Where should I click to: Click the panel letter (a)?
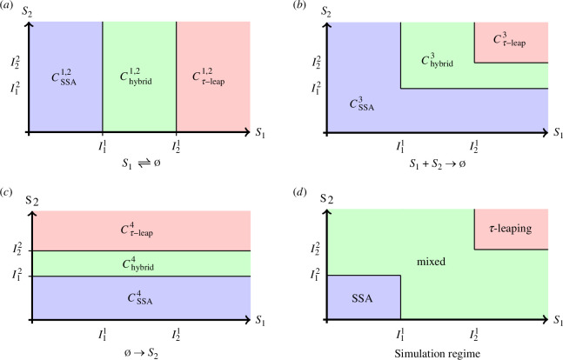(6, 6)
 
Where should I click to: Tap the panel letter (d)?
(298, 193)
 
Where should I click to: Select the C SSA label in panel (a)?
(64, 78)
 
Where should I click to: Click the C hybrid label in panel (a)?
(136, 78)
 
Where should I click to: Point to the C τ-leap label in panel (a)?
(208, 78)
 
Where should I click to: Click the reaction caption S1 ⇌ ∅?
(141, 163)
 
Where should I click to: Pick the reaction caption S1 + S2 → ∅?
(438, 163)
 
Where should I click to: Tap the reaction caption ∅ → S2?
(141, 352)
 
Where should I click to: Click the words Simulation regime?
(438, 354)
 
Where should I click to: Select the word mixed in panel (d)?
(431, 261)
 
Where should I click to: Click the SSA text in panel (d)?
(362, 298)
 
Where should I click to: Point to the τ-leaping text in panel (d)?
(510, 229)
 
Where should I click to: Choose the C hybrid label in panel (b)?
(437, 60)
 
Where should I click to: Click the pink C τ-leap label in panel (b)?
(510, 40)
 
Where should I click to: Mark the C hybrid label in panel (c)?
(137, 263)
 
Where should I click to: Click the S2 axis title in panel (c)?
(31, 201)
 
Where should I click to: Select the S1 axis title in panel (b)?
(558, 132)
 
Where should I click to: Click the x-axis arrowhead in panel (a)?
(246, 132)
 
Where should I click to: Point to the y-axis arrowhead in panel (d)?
(326, 212)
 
